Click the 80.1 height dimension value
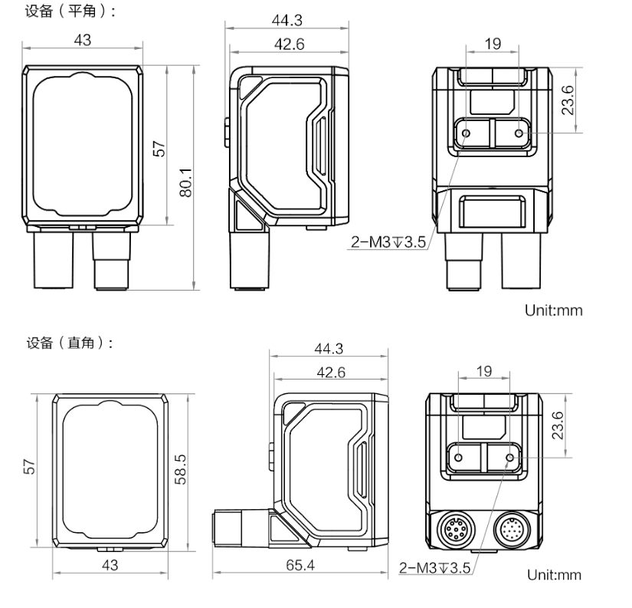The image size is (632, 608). pos(186,182)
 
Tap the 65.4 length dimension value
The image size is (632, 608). pos(300,565)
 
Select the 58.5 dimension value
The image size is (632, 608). pos(180,469)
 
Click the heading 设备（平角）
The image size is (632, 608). pos(70,11)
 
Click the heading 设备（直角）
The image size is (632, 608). pos(69,343)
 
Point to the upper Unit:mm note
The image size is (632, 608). pos(553,311)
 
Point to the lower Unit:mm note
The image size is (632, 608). pos(554,575)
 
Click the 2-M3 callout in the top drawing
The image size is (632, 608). pos(388,242)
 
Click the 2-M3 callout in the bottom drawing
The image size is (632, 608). pos(435,567)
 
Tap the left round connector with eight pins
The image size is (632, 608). pos(456,529)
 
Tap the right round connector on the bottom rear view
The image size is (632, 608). pos(512,529)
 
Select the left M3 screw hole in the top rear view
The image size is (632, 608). pos(466,133)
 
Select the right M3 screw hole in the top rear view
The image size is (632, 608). pos(519,133)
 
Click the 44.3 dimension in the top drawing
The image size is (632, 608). pos(287,20)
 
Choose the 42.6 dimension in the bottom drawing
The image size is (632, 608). pos(331,372)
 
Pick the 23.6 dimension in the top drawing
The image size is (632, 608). pos(568,100)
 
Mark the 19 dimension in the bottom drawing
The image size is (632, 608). pos(484,371)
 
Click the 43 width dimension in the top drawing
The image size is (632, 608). pos(83,40)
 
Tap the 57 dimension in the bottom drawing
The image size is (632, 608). pos(29,467)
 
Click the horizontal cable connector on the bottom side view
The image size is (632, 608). pos(241,527)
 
